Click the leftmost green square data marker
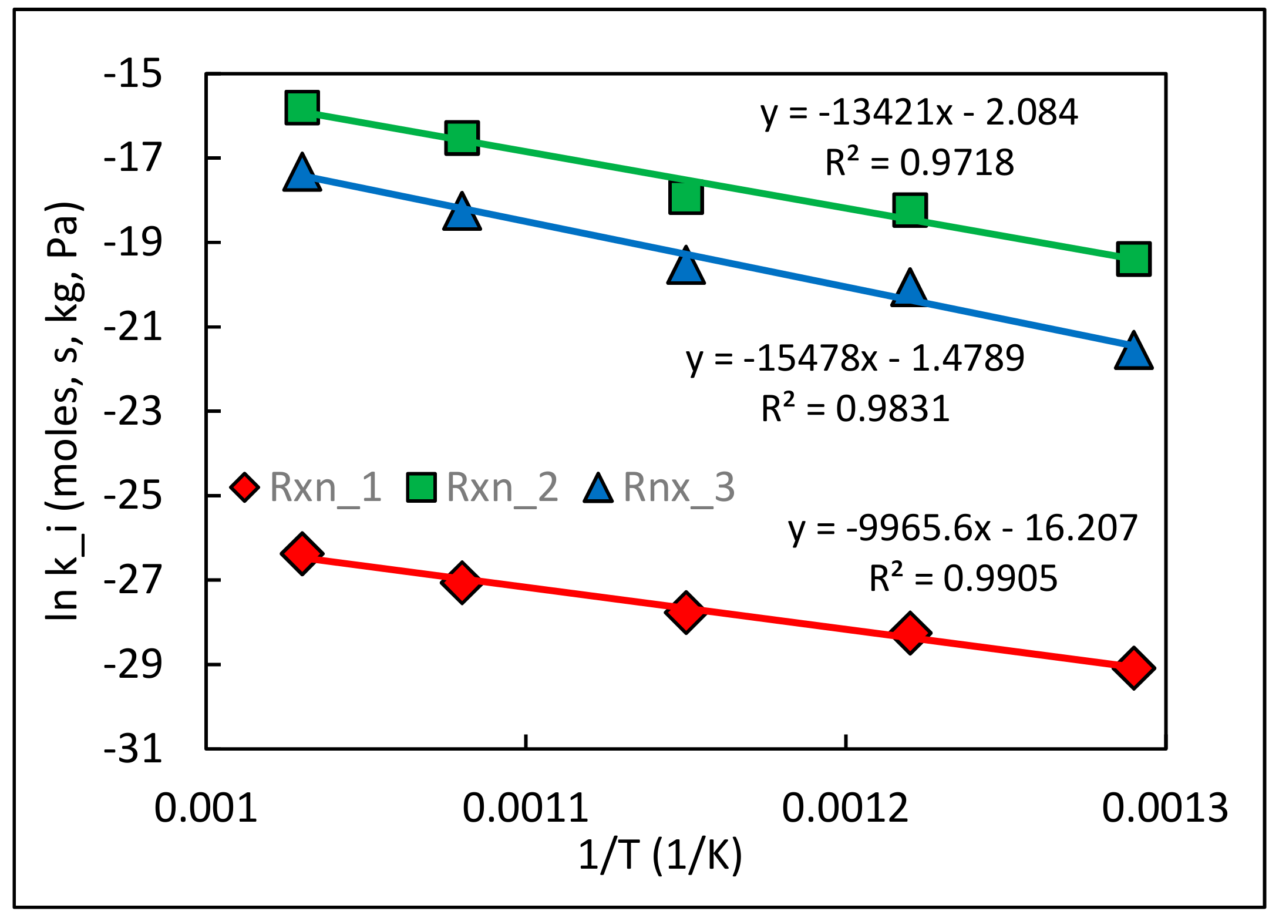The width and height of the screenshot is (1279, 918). coord(302,107)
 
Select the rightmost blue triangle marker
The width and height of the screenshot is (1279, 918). coord(1133,352)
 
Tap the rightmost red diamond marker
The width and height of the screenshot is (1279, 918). coord(1133,668)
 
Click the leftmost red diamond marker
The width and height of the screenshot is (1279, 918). coord(302,553)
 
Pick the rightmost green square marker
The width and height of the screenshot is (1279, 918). coord(1133,258)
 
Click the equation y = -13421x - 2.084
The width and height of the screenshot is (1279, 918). coord(919,112)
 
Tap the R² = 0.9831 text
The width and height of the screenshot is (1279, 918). coord(855,409)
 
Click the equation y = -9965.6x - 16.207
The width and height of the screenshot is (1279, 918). coord(963,528)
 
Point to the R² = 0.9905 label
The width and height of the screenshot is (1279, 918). coord(963,579)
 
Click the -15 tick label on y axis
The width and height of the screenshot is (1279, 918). coord(133,75)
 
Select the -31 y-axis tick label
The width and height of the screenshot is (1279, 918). coord(133,749)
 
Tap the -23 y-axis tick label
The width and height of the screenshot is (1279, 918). coord(133,412)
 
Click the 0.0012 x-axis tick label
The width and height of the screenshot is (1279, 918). coord(845,808)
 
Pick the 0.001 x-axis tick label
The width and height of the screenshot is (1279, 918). coord(206,808)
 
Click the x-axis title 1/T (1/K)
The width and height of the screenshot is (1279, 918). coord(660,855)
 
